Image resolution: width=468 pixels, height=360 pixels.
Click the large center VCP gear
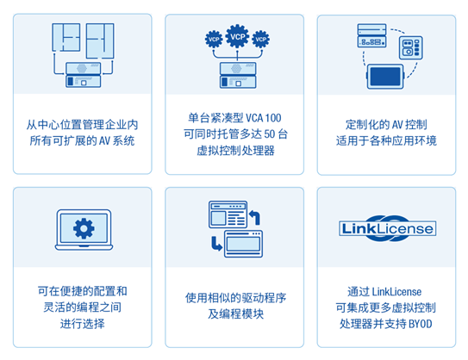tap(237, 36)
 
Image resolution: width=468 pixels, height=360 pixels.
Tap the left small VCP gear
tap(214, 39)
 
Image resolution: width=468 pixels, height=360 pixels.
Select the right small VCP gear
tap(260, 39)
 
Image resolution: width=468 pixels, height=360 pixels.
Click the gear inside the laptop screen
tap(84, 228)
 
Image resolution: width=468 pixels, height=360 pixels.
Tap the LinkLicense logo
tap(387, 228)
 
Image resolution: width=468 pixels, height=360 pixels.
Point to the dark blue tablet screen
tap(385, 77)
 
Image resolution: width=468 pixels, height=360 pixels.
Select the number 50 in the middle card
tap(269, 134)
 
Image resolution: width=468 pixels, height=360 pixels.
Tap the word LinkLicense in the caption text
tap(397, 292)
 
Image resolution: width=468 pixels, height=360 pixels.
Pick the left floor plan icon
tap(66, 37)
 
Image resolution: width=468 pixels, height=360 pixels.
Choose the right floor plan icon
tap(100, 40)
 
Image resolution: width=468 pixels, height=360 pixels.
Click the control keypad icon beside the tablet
tap(411, 47)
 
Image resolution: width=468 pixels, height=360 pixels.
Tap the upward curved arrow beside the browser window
tap(254, 217)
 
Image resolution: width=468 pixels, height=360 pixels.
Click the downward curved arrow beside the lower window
tap(216, 244)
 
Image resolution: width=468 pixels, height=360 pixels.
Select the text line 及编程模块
tap(236, 313)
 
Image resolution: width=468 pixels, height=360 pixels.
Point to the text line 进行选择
tap(83, 324)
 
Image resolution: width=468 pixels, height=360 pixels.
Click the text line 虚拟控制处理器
tap(236, 151)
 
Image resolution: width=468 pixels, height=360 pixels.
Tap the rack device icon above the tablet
tap(371, 35)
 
